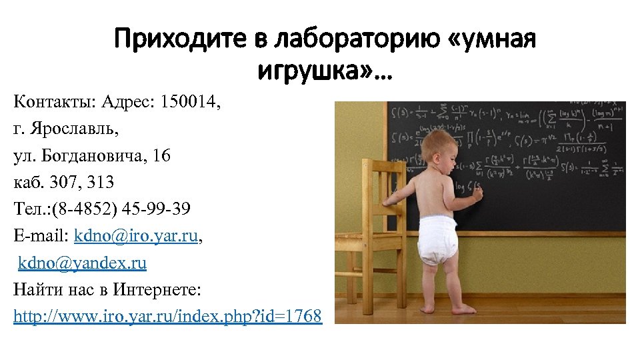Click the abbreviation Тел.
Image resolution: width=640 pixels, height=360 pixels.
coord(29,209)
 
